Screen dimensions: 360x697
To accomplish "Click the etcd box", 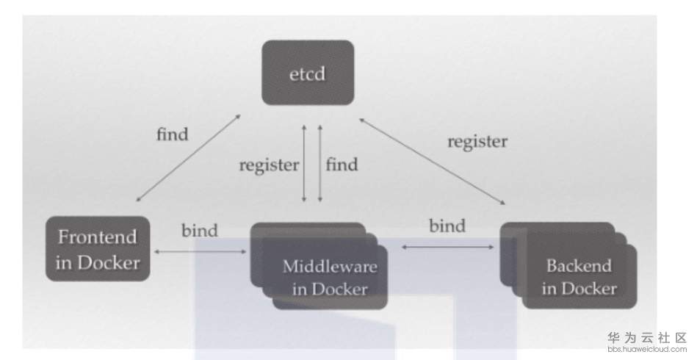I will click(308, 72).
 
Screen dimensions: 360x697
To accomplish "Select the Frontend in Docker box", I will click(98, 248).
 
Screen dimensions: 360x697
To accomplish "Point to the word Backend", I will click(579, 265).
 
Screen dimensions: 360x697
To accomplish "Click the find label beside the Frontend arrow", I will click(173, 134).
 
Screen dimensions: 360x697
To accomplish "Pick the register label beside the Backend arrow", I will click(477, 140).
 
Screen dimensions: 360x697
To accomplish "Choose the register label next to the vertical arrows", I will click(269, 164).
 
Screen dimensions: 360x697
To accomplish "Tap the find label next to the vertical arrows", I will click(342, 164).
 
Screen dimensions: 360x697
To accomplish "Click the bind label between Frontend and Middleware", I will click(199, 230).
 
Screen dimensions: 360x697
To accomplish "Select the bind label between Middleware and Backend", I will click(447, 225).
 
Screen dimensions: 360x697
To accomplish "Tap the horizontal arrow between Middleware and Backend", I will click(448, 247).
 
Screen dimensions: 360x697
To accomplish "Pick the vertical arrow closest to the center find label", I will click(320, 164).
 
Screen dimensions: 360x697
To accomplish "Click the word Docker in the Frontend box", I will click(107, 262).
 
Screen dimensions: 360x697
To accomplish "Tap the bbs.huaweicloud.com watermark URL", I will click(647, 349).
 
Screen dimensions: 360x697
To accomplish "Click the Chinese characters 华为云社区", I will click(647, 337).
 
